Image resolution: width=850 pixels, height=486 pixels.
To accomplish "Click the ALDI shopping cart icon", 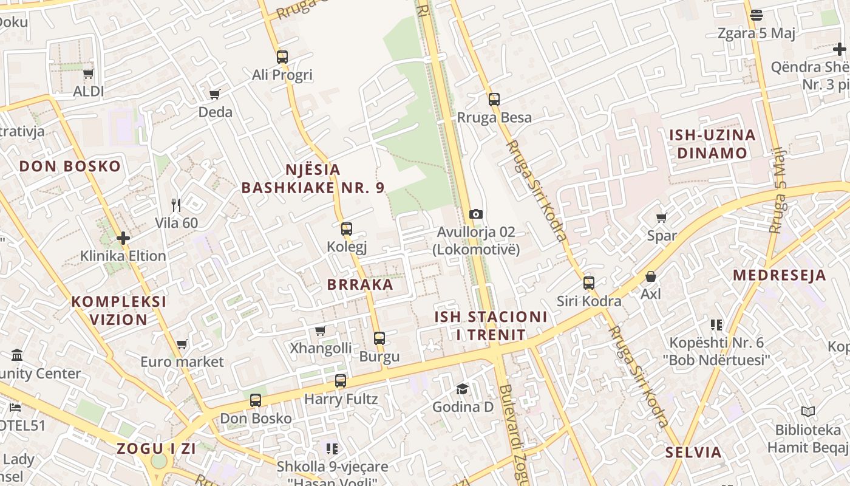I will tap(89, 74).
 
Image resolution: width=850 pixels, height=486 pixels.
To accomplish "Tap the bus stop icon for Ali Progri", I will tap(282, 57).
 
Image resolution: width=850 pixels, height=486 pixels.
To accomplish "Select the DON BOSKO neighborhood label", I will tap(70, 166).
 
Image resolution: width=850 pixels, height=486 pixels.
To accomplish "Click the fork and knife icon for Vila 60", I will tap(176, 205).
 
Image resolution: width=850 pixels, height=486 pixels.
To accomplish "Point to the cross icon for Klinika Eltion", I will tap(123, 238).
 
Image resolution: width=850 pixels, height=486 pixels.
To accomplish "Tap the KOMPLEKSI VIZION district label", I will tap(119, 310).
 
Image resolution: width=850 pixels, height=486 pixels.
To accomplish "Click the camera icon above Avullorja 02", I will tap(476, 214).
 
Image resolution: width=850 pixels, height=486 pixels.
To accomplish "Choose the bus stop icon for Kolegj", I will tap(347, 229).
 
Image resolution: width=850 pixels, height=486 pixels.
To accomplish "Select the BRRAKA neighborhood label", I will tap(360, 284).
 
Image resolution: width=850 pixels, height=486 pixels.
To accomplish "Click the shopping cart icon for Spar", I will tap(662, 217).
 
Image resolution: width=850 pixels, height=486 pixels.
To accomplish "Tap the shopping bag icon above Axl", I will tap(651, 276).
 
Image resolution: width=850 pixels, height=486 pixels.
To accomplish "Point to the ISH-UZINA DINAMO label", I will tap(712, 143).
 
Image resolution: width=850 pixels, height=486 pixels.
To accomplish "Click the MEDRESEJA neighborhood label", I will tap(780, 275).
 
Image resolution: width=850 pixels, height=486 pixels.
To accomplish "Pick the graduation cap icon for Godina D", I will tap(463, 389).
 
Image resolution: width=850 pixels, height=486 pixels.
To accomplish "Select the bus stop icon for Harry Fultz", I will tap(341, 381).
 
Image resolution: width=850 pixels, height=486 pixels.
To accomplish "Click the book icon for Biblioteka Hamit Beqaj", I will tap(807, 412).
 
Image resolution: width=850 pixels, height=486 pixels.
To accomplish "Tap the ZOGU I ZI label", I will tap(157, 449).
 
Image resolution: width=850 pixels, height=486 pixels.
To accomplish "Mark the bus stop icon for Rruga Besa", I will tap(494, 100).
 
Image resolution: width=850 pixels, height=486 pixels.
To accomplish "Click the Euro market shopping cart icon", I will tap(182, 344).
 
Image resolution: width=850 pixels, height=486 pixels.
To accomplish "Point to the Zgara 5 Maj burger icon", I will tap(756, 15).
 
